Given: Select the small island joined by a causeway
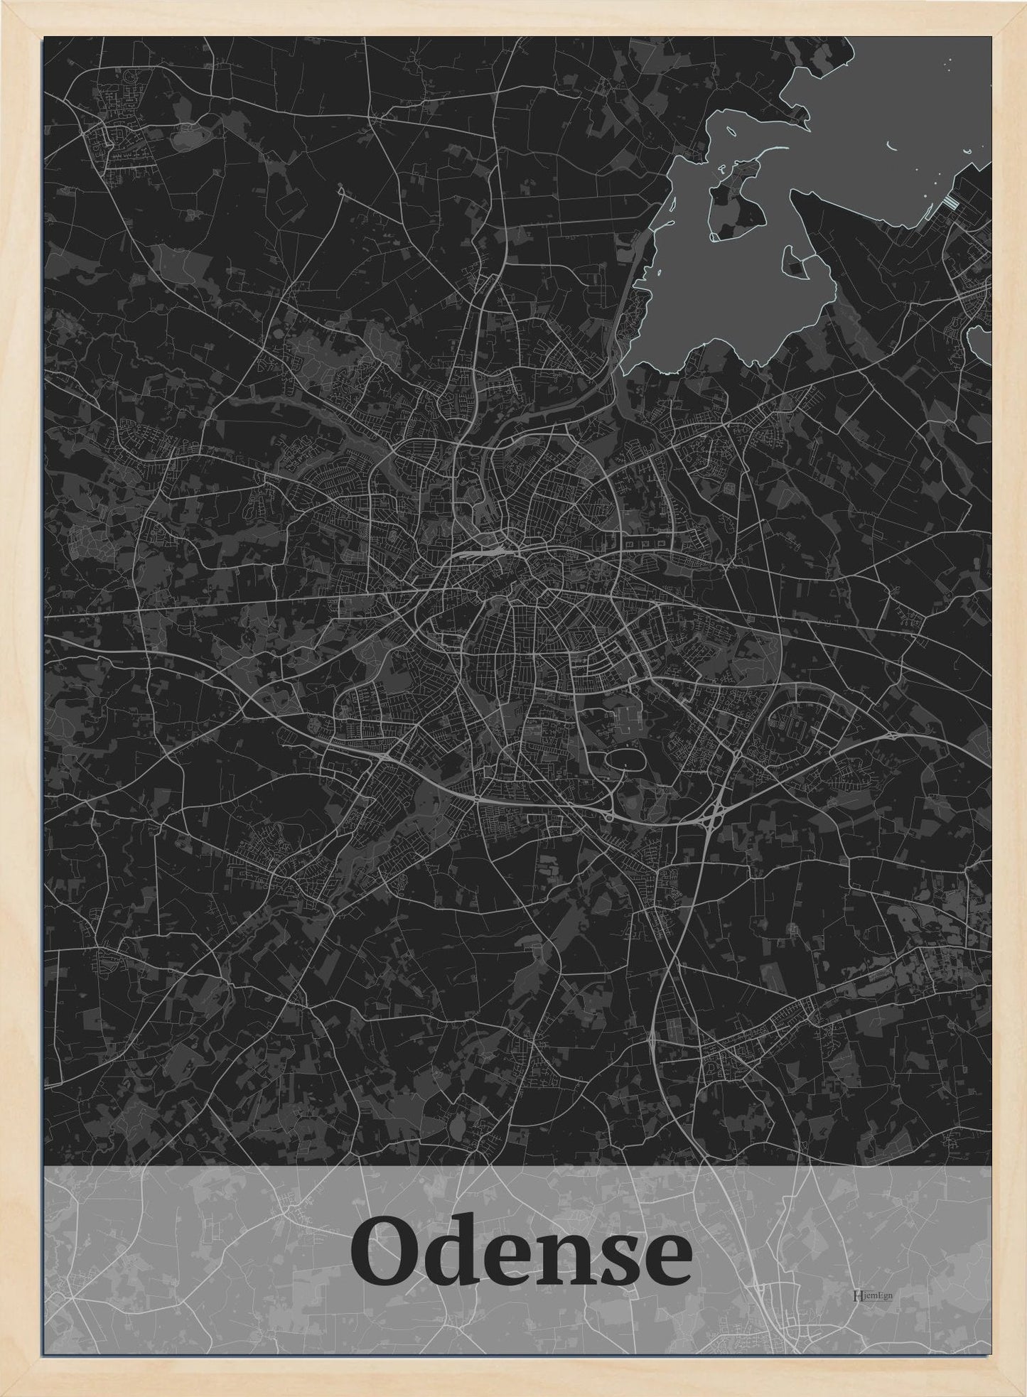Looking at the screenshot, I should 795,266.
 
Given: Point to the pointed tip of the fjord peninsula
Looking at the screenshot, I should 793,195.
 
